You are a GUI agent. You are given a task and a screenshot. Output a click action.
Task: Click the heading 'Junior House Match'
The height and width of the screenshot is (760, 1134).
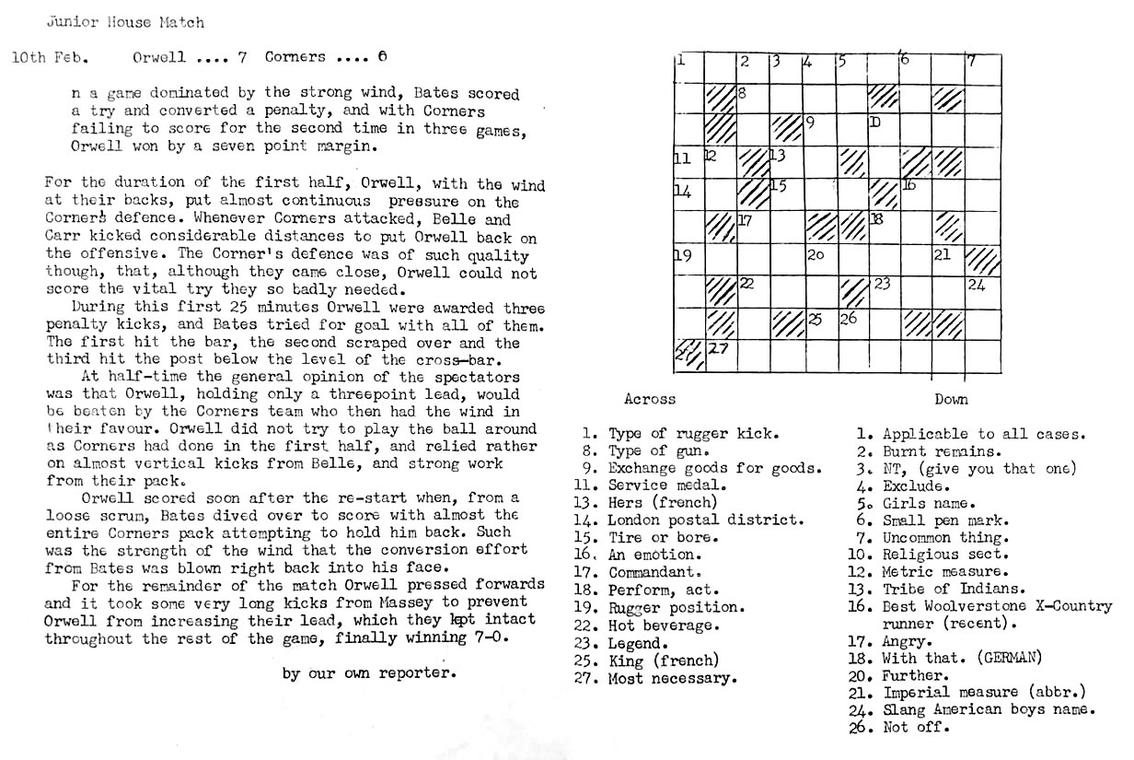(x=125, y=22)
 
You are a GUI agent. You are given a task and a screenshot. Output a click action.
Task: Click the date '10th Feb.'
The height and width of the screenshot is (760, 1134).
(x=50, y=57)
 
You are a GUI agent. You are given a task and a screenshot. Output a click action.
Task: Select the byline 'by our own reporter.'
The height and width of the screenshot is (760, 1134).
(x=369, y=672)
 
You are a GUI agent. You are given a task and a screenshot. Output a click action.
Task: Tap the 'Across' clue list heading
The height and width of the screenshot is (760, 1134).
(x=650, y=399)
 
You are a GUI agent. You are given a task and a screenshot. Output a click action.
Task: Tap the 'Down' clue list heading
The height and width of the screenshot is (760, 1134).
(x=951, y=399)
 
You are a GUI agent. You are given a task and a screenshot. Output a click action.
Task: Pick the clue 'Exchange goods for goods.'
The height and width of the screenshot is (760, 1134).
(x=714, y=468)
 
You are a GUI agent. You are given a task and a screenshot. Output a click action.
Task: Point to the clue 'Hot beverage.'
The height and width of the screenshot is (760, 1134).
(x=674, y=626)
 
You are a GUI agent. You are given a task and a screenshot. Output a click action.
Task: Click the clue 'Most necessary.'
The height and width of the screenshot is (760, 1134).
(x=672, y=679)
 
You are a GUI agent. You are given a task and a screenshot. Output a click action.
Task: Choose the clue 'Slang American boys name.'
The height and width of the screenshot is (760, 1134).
(x=989, y=709)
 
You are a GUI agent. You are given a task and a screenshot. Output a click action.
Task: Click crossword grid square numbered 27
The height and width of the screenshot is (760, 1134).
(x=721, y=356)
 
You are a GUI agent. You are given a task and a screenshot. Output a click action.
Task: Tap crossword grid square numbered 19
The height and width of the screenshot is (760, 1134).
(x=689, y=260)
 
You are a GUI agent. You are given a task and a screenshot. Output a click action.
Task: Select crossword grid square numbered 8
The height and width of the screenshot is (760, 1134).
(x=753, y=99)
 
